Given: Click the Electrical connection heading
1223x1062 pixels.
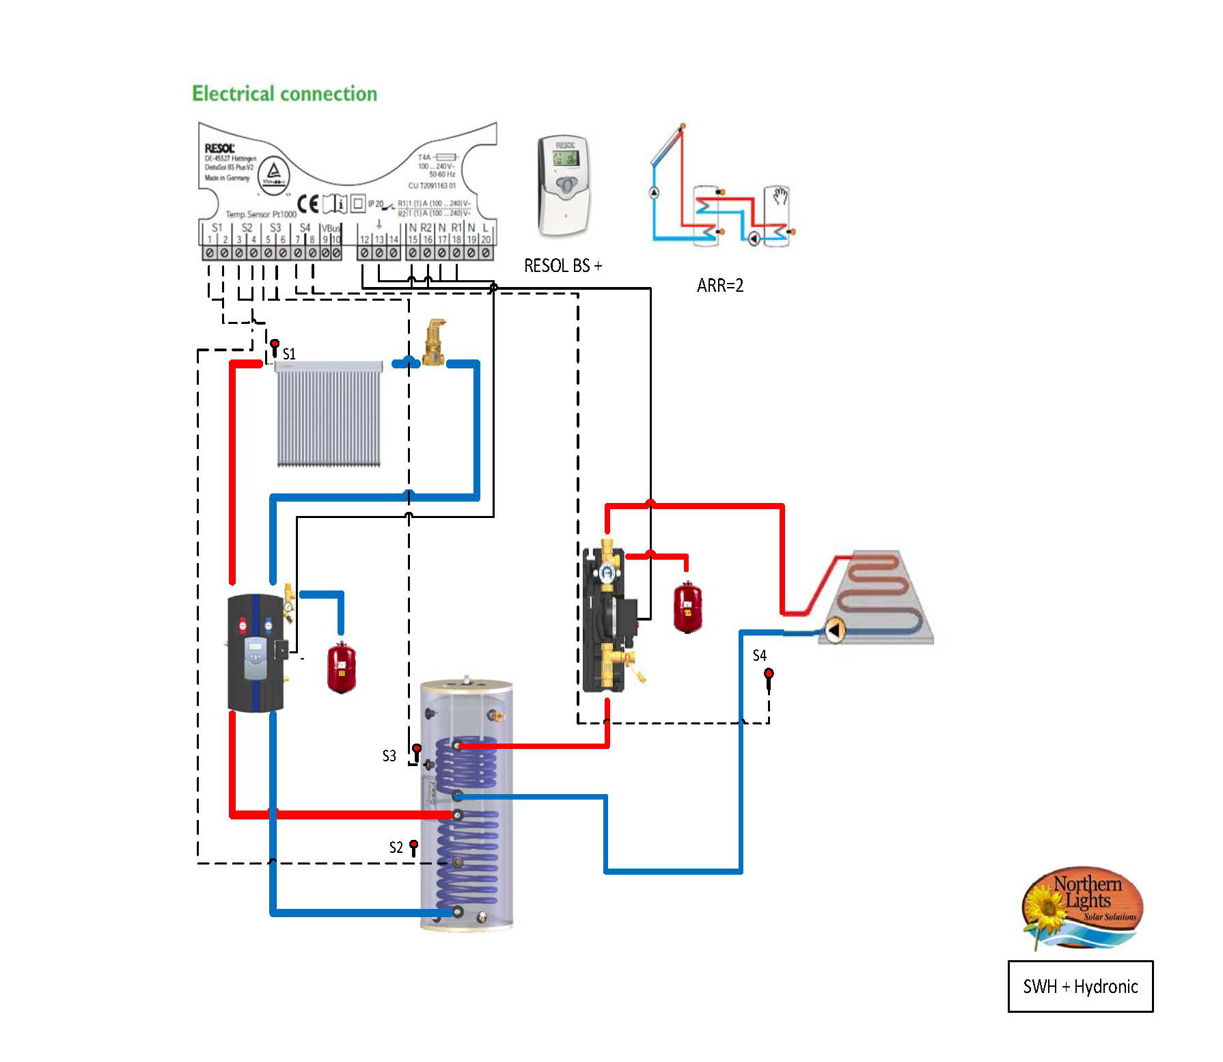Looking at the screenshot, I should click(284, 94).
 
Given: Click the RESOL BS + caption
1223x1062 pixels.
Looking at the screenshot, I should click(562, 266).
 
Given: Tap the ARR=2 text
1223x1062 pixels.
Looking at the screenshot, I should click(719, 286).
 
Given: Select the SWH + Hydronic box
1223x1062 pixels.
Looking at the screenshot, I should click(1080, 986).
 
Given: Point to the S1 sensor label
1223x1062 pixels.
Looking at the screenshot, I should click(289, 354).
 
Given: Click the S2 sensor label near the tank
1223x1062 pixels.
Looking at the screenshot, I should click(396, 847).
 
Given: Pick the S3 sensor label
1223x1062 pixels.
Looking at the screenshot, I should click(389, 756).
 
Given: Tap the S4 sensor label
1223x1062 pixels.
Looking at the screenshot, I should click(759, 655).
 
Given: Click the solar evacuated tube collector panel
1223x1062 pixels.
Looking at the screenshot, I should click(329, 415).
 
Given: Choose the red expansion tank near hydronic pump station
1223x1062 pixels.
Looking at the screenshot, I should click(687, 607).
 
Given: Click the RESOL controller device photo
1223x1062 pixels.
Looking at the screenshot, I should click(564, 185).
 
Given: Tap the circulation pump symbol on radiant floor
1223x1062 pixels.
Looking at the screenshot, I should click(833, 630).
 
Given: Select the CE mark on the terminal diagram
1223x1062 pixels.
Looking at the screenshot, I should click(308, 204).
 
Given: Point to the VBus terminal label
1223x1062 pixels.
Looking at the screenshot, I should click(330, 228).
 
